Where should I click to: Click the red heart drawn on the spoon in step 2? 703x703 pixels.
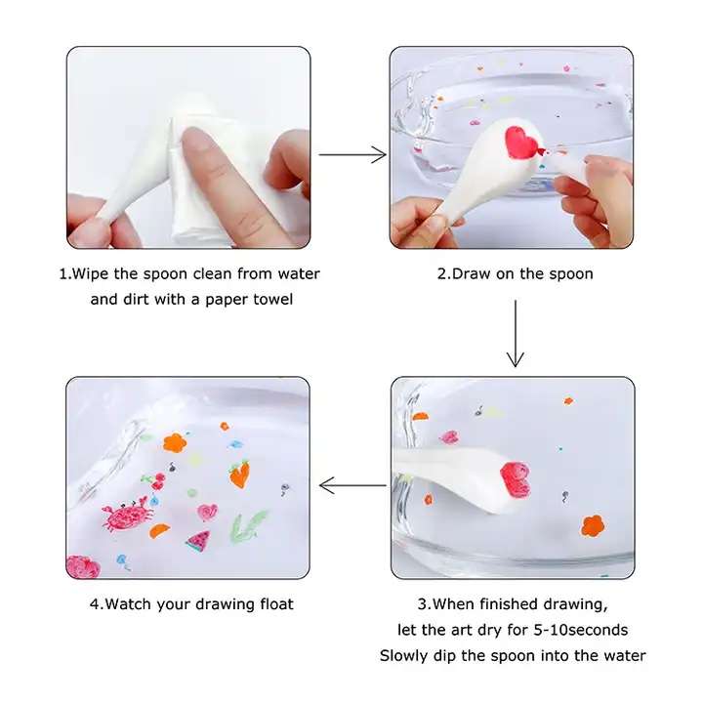click(520, 143)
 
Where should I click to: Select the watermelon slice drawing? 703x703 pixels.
click(198, 540)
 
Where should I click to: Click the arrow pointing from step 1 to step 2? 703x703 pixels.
click(352, 154)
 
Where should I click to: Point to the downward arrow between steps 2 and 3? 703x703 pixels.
click(516, 334)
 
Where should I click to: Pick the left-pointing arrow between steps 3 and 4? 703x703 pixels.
click(352, 485)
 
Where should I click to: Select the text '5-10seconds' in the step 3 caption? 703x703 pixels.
click(581, 630)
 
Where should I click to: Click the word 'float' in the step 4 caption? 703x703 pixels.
click(276, 604)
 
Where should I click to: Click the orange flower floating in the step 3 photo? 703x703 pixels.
click(593, 525)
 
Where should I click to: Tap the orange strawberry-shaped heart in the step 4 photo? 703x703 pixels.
click(240, 474)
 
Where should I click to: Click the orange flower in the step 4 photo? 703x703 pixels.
click(175, 442)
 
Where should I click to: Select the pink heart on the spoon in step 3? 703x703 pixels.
click(516, 478)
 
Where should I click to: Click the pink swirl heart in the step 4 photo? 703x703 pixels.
click(208, 512)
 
